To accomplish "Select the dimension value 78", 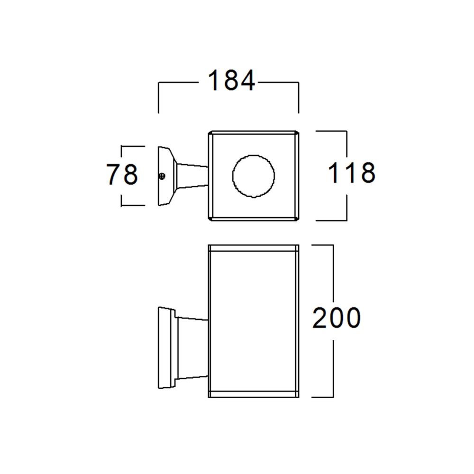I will (122, 175).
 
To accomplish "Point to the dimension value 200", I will (336, 318).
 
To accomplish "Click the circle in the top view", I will (254, 176).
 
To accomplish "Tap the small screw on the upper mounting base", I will (162, 176).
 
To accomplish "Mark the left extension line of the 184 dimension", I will (158, 97).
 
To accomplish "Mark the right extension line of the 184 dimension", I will (299, 97).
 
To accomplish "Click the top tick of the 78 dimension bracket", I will (133, 146).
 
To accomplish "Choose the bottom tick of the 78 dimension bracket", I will (133, 206).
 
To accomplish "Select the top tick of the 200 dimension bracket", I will (322, 245).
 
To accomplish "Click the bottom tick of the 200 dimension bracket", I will (322, 397).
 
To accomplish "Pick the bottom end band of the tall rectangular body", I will (254, 394).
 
